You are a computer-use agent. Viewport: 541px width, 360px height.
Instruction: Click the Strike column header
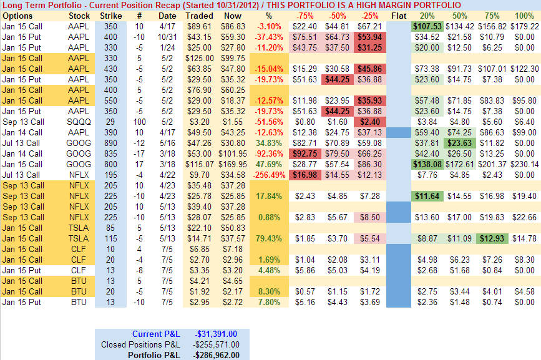(x=110, y=15)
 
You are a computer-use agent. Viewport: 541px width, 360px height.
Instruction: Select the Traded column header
(x=198, y=15)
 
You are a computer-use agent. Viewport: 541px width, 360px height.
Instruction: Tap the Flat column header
(x=399, y=15)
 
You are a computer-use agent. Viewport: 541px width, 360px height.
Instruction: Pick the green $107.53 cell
(x=427, y=26)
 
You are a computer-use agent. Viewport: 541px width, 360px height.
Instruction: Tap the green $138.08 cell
(x=427, y=164)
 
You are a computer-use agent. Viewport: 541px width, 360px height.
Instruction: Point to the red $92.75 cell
(x=306, y=153)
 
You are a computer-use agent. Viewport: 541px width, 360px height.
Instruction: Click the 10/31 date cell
(x=167, y=37)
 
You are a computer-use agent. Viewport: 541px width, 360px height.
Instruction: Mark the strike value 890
(x=110, y=143)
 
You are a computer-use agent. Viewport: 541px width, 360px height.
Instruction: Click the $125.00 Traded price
(x=198, y=58)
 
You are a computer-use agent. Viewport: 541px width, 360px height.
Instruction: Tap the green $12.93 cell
(x=492, y=238)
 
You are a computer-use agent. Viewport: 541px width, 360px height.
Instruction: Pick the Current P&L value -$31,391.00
(x=217, y=334)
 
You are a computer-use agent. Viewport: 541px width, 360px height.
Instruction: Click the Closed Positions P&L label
(x=140, y=344)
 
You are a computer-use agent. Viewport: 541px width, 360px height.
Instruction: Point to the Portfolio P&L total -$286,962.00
(x=217, y=354)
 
